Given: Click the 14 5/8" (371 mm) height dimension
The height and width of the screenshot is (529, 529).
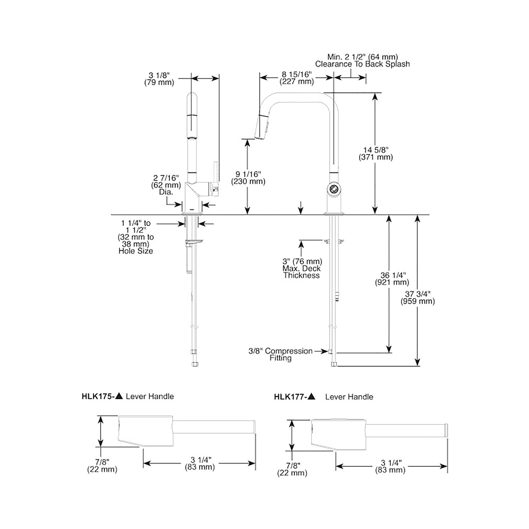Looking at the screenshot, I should pos(376,154).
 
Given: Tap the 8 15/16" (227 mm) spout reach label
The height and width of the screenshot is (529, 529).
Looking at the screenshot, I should pos(297,78).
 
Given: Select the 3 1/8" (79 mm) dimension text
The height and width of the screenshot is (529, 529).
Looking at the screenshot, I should pos(159,79).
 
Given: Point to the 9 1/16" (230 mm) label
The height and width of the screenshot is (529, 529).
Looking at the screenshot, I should pos(248,178).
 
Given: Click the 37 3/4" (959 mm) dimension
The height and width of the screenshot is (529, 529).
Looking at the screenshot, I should pos(418,298).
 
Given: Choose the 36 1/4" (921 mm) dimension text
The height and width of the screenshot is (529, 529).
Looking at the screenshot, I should pos(392,279).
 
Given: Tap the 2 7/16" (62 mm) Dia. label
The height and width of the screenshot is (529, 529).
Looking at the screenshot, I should pos(166,185).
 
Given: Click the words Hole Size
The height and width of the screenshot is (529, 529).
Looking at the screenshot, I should pos(136,251).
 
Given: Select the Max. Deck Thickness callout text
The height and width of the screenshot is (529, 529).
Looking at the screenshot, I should pos(301,272).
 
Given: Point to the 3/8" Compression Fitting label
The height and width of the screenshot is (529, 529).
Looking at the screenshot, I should pos(280,354).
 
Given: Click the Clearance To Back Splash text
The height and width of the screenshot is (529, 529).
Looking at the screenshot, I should pos(362,64).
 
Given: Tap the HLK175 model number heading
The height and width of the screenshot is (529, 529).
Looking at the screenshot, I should pos(98,396).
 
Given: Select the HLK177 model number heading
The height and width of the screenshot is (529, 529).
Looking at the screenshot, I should pos(290,397).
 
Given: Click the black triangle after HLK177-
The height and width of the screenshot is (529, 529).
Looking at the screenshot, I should pos(311,396).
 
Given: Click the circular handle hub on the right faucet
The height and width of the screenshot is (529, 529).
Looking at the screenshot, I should pos(334,189).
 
